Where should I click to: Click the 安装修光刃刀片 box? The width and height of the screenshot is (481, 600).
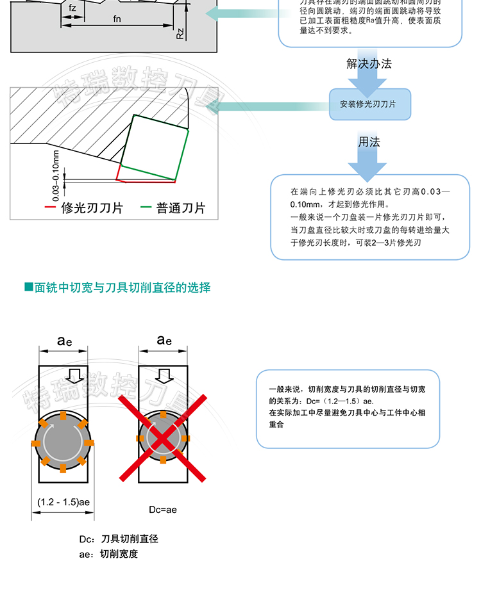pyautogui.click(x=369, y=104)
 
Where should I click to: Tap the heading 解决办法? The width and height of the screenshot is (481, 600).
pyautogui.click(x=369, y=63)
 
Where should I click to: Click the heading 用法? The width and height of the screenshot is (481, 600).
pyautogui.click(x=369, y=142)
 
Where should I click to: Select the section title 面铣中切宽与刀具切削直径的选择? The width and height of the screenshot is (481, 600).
pyautogui.click(x=122, y=288)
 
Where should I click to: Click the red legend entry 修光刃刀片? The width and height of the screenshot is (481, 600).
pyautogui.click(x=84, y=208)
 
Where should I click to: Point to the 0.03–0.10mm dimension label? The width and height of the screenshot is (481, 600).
pyautogui.click(x=56, y=172)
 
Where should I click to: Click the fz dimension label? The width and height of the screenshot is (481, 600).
pyautogui.click(x=72, y=8)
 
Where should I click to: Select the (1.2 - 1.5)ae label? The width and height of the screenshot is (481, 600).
pyautogui.click(x=63, y=501)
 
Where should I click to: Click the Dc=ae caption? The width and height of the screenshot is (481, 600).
pyautogui.click(x=163, y=510)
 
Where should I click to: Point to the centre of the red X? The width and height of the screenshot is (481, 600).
pyautogui.click(x=163, y=437)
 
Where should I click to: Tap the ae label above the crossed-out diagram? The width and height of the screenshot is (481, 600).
pyautogui.click(x=164, y=340)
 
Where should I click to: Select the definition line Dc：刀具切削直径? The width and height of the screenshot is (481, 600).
pyautogui.click(x=119, y=539)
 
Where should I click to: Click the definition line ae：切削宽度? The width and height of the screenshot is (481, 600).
pyautogui.click(x=108, y=554)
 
